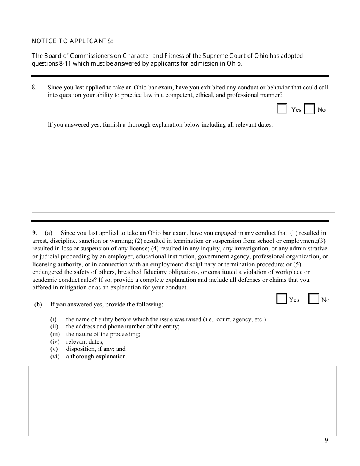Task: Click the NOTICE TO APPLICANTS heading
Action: coord(72,41)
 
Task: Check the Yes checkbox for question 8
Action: coord(282,109)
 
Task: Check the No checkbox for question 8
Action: coord(310,109)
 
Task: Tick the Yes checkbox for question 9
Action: coord(282,299)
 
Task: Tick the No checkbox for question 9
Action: coord(314,299)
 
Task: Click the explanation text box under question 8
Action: coord(183,174)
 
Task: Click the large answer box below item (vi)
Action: coord(182,401)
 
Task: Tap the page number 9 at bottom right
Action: coord(326,440)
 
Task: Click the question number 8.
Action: coord(34,87)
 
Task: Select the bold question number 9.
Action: coord(34,233)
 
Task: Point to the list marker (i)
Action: coord(53,319)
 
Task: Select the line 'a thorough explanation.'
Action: coord(97,357)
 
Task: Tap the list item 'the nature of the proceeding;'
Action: coord(103,334)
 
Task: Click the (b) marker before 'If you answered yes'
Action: coord(38,305)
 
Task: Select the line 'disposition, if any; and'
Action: coord(95,349)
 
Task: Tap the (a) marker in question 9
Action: coord(49,233)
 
